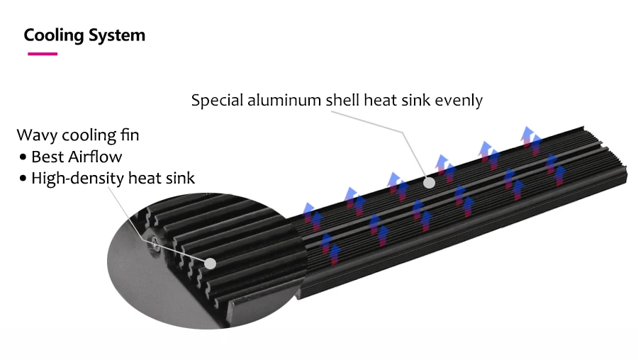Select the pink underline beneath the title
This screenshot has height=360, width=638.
point(42,54)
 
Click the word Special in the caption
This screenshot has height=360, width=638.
point(218,100)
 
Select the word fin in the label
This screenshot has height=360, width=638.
point(130,135)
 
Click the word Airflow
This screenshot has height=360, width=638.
point(94,157)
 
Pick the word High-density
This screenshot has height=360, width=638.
point(77,178)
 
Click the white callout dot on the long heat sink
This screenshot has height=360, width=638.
point(428,182)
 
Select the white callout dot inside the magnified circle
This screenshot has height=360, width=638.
point(210,263)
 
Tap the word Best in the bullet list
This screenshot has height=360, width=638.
point(47,157)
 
